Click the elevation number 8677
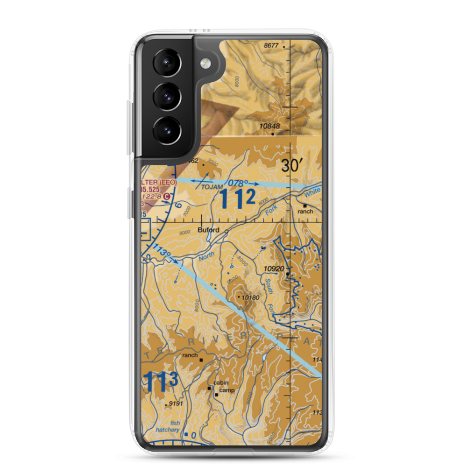[271, 45]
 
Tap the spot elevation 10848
[270, 126]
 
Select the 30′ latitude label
[293, 165]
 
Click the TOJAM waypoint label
[210, 187]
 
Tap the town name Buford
[208, 230]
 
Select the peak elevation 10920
[274, 269]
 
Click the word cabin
[221, 383]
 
